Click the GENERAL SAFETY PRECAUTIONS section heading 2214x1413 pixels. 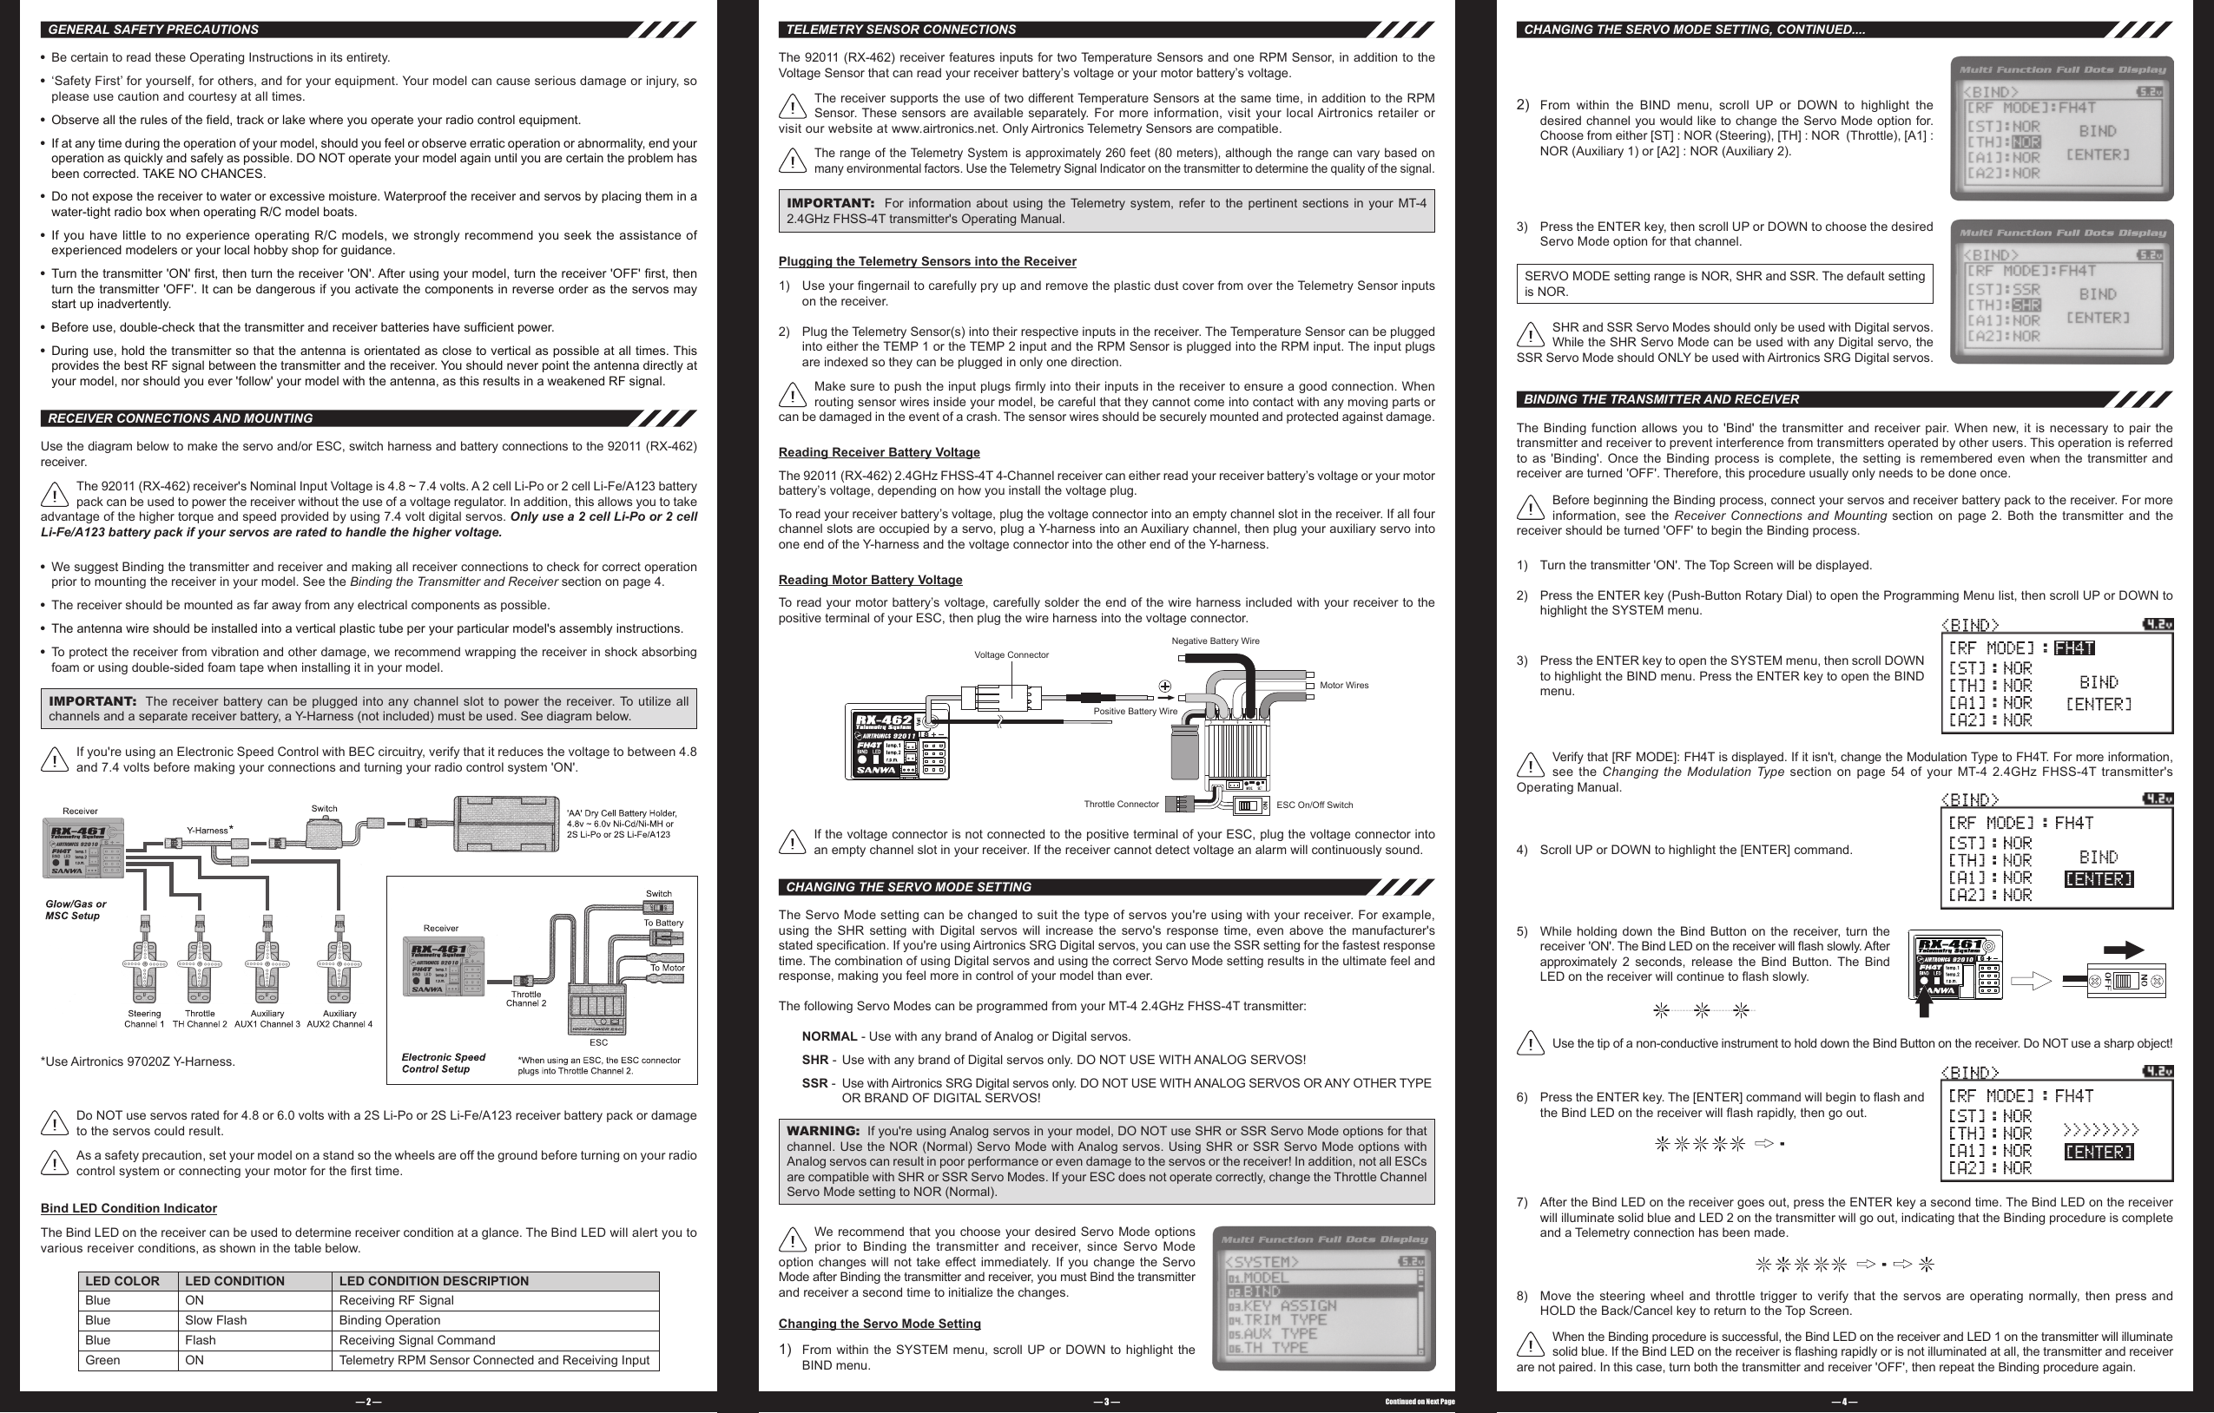[153, 30]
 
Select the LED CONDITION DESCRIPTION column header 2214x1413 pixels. [433, 1280]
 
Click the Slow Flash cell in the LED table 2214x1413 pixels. [215, 1320]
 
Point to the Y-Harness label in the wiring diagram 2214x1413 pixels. [207, 830]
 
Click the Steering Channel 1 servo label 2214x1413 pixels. [144, 1019]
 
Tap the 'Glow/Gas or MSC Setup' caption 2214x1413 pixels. [76, 910]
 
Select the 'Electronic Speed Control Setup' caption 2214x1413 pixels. [443, 1062]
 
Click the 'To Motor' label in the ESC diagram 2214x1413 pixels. [667, 967]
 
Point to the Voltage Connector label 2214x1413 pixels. [1011, 654]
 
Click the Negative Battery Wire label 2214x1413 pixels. [1215, 641]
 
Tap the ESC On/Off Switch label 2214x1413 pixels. [1314, 805]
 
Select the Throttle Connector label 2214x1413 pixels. [1121, 804]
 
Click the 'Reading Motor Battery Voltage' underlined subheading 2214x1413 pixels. [870, 579]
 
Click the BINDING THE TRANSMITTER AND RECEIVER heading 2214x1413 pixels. [1660, 399]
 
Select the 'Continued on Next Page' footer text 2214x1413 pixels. [1419, 1402]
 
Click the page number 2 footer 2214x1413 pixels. [368, 1402]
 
